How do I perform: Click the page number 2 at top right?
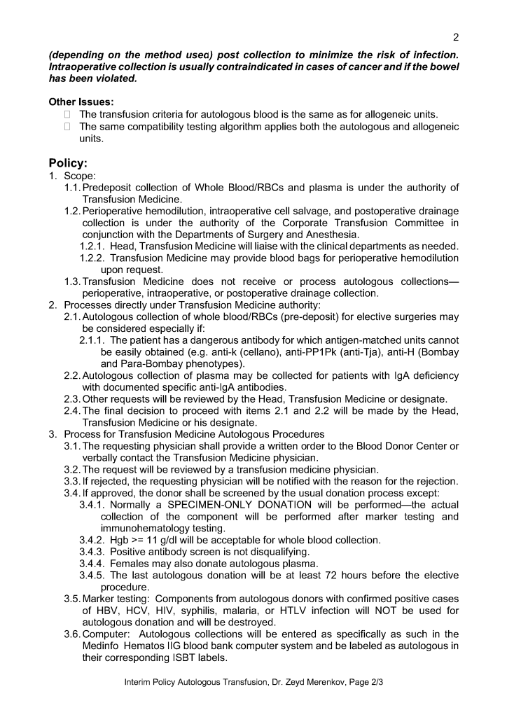456,37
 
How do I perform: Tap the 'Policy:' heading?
68,163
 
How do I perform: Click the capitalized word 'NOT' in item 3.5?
396,611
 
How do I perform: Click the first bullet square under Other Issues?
68,114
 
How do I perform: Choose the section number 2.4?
72,411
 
